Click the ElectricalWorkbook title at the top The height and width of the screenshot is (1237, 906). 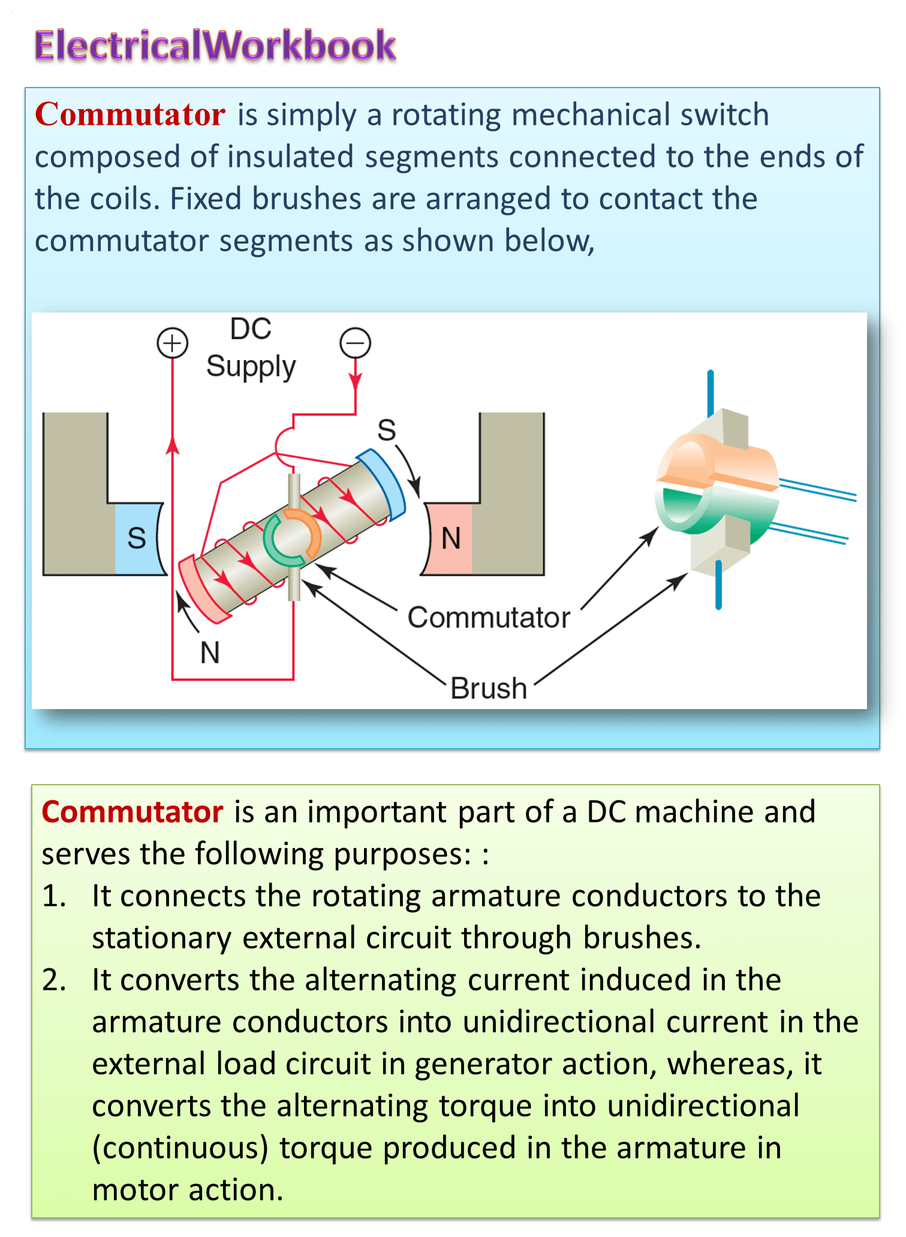coord(215,46)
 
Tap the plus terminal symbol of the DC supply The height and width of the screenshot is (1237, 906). coord(172,343)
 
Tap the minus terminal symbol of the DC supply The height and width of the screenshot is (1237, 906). coord(355,343)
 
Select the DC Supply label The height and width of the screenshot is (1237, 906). coord(251,348)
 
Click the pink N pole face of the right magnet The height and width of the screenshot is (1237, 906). coord(450,538)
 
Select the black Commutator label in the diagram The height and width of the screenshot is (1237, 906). coord(489,617)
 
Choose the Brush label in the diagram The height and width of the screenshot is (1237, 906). coord(489,688)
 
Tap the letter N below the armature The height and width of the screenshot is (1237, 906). coord(210,653)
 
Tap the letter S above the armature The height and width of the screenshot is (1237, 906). coord(387,430)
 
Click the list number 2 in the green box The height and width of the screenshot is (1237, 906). coord(53,980)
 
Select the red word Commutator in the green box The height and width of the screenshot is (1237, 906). coord(132,812)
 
